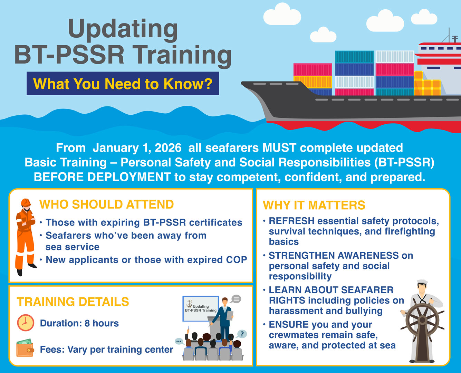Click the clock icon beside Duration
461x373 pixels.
(x=26, y=323)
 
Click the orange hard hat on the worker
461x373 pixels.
(x=26, y=203)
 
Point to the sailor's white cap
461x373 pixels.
(x=422, y=281)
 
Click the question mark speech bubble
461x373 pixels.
(x=242, y=334)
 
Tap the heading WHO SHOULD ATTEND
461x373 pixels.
(x=106, y=204)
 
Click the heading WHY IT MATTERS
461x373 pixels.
(x=314, y=205)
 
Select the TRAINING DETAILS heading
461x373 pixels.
(x=73, y=302)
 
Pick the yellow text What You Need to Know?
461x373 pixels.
(x=123, y=84)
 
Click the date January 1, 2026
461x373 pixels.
(x=137, y=148)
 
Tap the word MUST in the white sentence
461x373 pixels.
(x=279, y=147)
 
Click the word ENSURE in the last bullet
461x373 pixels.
(x=288, y=325)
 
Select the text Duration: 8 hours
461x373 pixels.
(x=79, y=323)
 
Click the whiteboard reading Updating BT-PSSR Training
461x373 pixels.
(x=201, y=308)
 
